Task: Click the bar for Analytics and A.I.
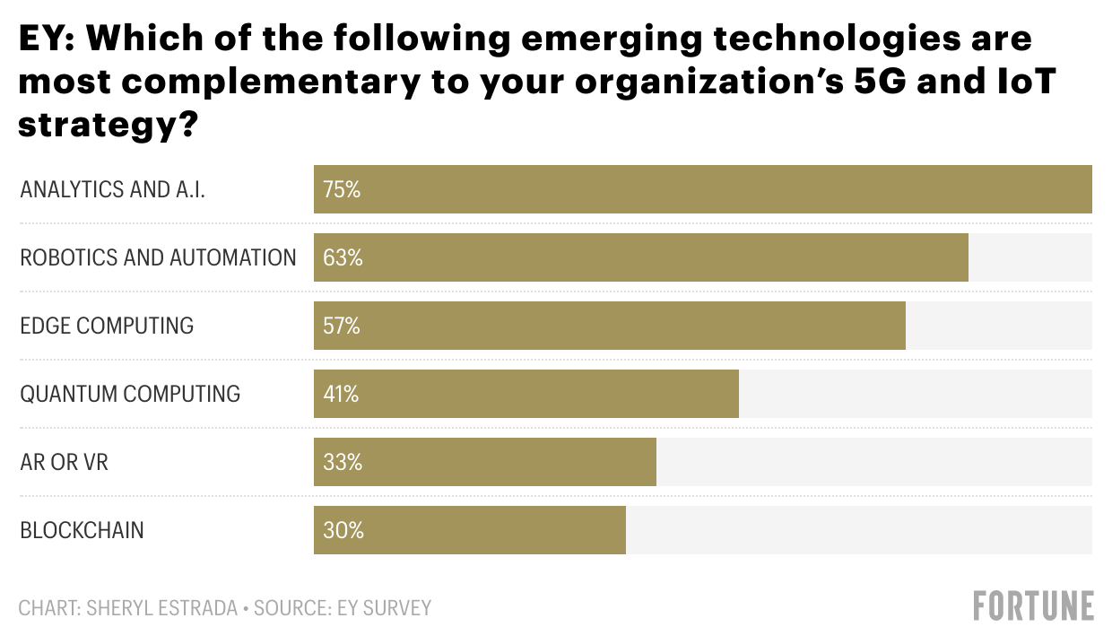(702, 189)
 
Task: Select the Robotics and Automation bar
(640, 257)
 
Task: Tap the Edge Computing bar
(609, 326)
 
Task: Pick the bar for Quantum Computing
(526, 394)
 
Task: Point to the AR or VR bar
(484, 462)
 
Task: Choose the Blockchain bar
(469, 530)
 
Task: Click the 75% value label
(342, 190)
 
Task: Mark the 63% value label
(343, 258)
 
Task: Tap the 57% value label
(342, 326)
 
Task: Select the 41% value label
(341, 395)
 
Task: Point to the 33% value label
(343, 463)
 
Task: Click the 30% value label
(343, 531)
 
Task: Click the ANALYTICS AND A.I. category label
(112, 190)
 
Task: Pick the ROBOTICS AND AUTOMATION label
(158, 258)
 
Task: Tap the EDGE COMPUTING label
(107, 326)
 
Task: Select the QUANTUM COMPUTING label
(130, 395)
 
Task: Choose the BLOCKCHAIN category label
(82, 531)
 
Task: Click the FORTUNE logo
(1033, 606)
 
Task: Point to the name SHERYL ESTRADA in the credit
(162, 608)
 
